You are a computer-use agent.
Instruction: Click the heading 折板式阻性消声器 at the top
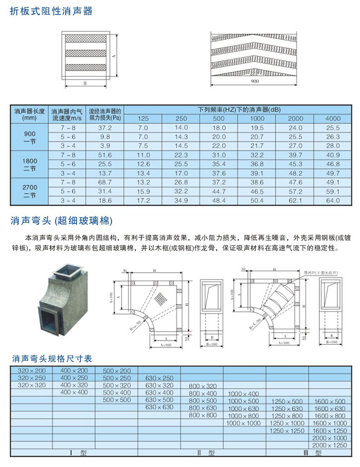coord(51,11)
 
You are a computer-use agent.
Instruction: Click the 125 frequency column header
coord(143,119)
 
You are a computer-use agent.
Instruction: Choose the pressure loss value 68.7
coord(105,182)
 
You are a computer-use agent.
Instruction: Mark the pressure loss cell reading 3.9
coord(105,146)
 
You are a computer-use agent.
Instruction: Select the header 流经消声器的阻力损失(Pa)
coord(105,114)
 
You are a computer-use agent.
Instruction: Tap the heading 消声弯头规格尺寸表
coord(51,359)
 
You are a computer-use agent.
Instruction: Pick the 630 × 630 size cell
coord(159,407)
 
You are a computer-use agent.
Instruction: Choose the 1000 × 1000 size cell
coord(244,423)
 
